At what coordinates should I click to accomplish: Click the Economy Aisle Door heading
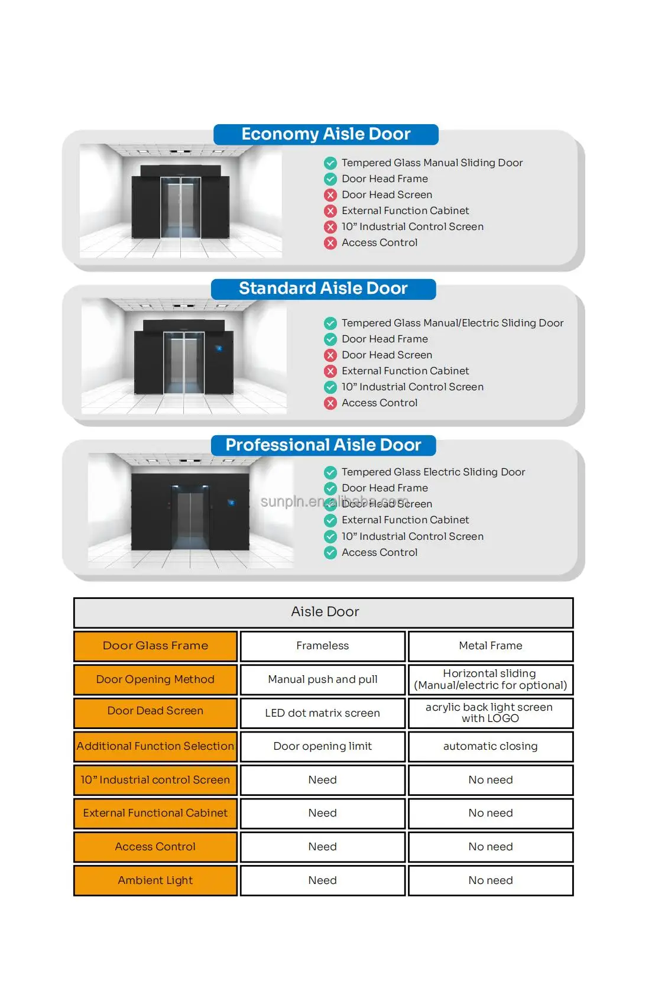[x=326, y=134]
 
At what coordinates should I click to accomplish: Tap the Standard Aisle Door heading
[x=323, y=289]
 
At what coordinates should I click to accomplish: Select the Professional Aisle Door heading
[x=323, y=445]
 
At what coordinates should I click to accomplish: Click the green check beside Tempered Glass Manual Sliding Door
[x=330, y=163]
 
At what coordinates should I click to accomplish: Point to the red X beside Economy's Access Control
[x=330, y=242]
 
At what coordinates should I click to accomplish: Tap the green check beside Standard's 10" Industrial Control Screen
[x=330, y=387]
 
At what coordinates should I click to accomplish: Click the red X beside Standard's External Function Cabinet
[x=330, y=371]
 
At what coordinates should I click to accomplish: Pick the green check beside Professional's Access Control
[x=330, y=552]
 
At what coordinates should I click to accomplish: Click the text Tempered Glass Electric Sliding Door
[x=433, y=472]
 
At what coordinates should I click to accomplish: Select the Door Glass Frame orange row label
[x=155, y=646]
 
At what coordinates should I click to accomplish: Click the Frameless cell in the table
[x=323, y=646]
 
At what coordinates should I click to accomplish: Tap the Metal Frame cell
[x=491, y=646]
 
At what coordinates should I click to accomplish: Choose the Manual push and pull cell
[x=323, y=679]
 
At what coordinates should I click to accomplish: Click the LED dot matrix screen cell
[x=323, y=713]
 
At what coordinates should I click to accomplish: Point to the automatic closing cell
[x=491, y=746]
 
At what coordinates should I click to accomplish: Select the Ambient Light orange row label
[x=155, y=880]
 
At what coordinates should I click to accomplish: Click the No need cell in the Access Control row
[x=491, y=847]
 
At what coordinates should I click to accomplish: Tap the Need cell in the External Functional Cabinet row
[x=323, y=813]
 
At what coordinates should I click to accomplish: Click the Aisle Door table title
[x=325, y=612]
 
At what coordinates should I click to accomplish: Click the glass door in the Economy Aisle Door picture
[x=180, y=207]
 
